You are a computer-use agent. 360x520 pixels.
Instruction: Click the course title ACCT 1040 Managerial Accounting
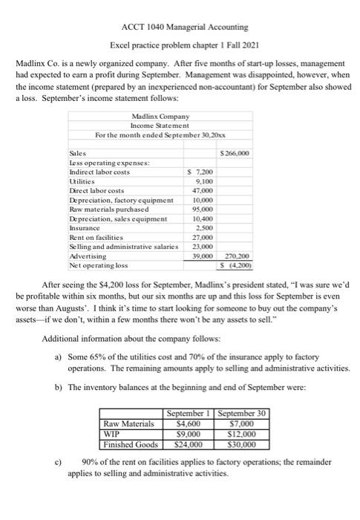click(x=179, y=8)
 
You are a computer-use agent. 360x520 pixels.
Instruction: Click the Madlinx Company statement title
click(x=160, y=117)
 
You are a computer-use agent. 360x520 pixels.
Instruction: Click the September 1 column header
click(x=191, y=413)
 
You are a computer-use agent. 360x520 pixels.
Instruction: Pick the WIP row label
click(x=112, y=435)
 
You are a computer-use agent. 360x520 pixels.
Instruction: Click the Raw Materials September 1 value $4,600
click(x=191, y=423)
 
